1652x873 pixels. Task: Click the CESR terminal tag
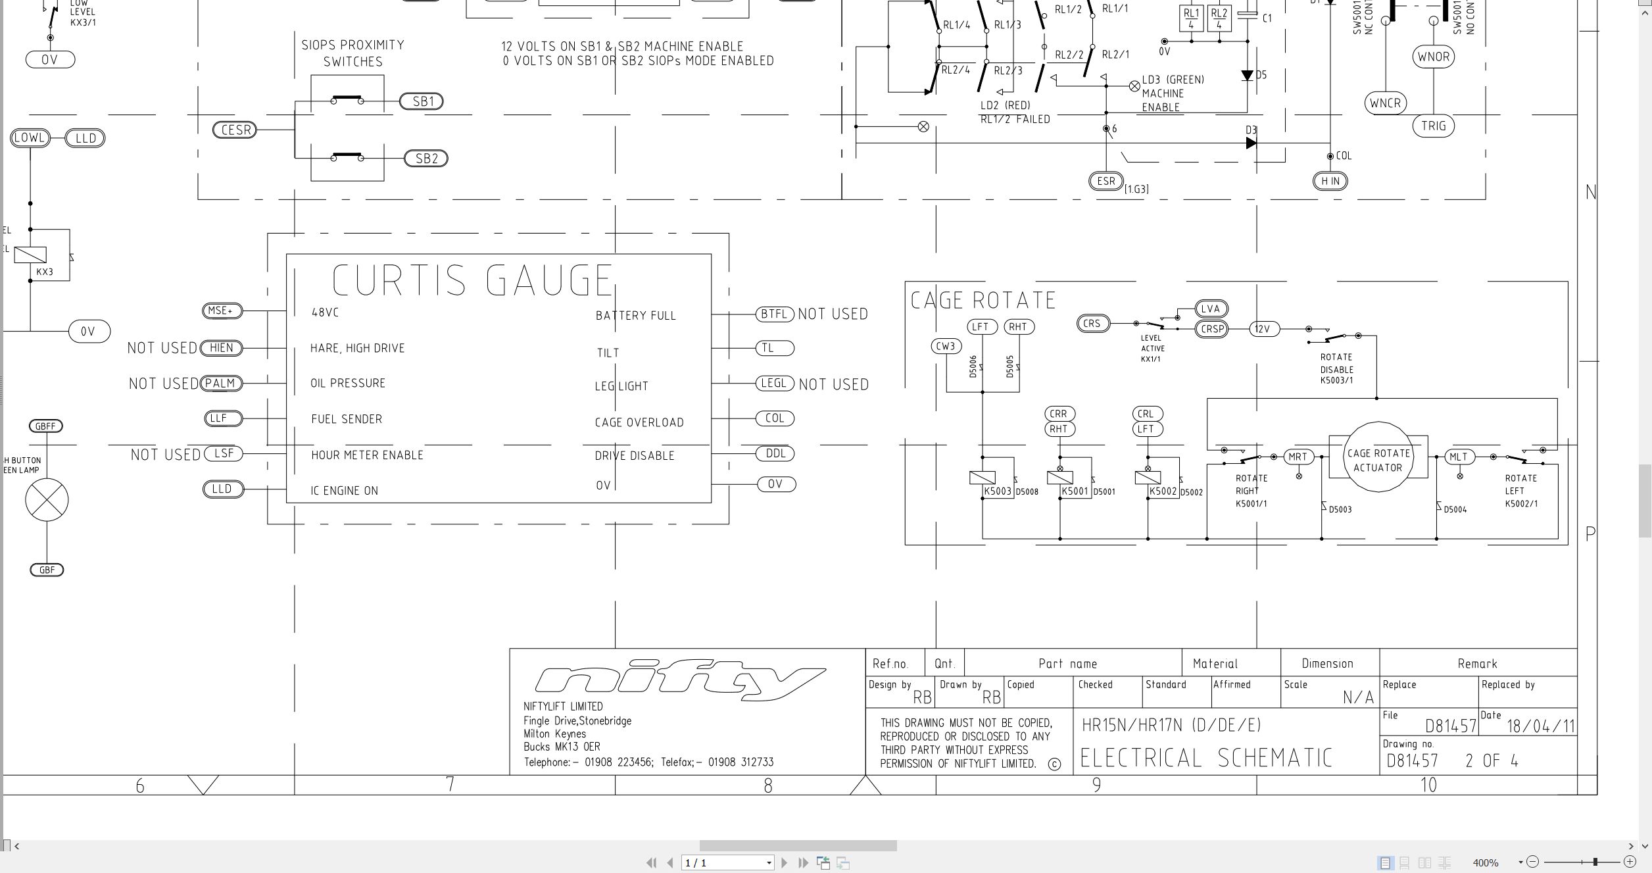(x=235, y=130)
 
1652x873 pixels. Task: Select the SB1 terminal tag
(x=422, y=101)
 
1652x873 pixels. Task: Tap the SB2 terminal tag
(x=425, y=159)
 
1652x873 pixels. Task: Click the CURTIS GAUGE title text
(x=472, y=280)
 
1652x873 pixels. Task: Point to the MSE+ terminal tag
(x=222, y=311)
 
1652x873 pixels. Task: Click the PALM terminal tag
(x=221, y=384)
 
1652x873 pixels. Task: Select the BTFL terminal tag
(x=775, y=314)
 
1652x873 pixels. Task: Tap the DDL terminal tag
(x=775, y=453)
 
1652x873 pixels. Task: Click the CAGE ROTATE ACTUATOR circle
(x=1378, y=460)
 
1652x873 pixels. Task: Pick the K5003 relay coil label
(x=998, y=491)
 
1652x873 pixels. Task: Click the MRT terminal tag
(x=1298, y=457)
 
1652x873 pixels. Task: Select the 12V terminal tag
(x=1264, y=329)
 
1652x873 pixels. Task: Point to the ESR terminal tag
(x=1106, y=181)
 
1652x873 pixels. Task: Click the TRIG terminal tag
(x=1433, y=126)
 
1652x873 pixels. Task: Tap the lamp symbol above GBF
(x=47, y=499)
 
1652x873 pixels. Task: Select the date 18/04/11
(x=1540, y=726)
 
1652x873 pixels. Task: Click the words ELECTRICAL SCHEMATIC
(x=1206, y=758)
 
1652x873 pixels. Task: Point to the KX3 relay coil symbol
(x=30, y=255)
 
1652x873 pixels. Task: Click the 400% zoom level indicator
(x=1485, y=862)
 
